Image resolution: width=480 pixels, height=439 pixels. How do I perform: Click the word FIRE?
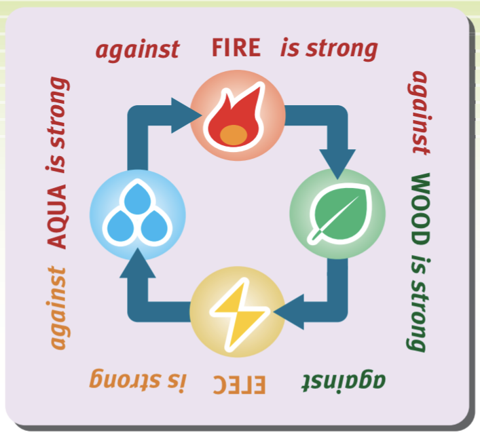[236, 48]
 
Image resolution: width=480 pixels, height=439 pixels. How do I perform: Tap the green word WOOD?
[420, 210]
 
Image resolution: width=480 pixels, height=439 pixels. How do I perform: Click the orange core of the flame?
[233, 134]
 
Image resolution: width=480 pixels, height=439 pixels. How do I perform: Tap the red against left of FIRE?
[137, 49]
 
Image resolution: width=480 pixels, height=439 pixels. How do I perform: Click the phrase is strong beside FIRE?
[329, 48]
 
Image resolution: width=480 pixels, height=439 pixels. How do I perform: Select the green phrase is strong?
[420, 303]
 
